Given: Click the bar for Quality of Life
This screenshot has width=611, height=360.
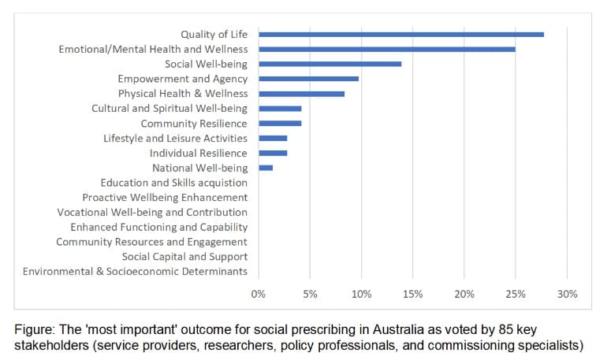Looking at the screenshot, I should click(401, 34).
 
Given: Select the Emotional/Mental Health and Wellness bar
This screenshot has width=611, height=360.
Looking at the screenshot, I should click(386, 49).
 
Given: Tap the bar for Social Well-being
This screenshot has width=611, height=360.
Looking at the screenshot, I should click(330, 64).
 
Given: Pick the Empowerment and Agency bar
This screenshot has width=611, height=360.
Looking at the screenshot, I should click(308, 79).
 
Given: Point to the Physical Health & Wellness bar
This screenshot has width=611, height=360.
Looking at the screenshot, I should click(301, 94).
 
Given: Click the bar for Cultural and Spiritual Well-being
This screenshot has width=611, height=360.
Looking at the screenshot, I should click(280, 109).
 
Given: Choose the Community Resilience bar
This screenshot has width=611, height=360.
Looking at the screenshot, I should click(280, 124).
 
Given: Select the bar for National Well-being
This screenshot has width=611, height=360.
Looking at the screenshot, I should click(266, 168).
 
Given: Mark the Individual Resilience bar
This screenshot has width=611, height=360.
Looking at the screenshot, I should click(273, 153).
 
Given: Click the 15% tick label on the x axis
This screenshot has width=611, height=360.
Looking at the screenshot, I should click(412, 294).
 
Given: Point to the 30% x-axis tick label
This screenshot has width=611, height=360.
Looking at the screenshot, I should click(567, 294).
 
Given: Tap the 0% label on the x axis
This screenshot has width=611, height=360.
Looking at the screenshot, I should click(259, 294).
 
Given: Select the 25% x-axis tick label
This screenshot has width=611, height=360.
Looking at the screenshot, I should click(516, 294).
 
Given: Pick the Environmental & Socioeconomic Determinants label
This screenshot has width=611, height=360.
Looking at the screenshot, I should click(135, 272).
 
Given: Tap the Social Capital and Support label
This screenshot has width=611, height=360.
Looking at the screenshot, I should click(184, 257).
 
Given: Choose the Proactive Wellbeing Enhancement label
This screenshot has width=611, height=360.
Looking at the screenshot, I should click(165, 198).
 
